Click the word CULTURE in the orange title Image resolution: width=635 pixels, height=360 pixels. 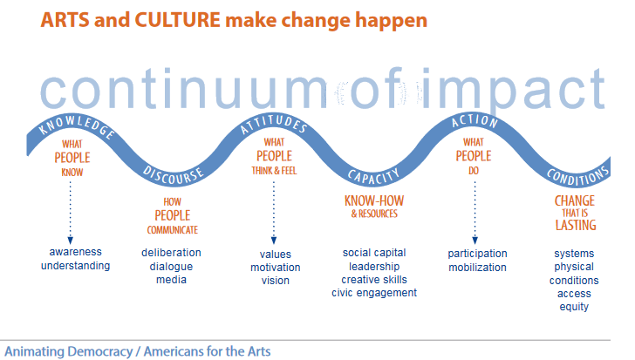177,20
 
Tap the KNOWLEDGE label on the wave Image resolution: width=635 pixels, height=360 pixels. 76,126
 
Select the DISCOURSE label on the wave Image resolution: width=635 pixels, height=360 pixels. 174,176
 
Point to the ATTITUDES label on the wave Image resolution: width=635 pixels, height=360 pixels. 274,124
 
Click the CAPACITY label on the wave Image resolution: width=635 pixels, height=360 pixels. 374,176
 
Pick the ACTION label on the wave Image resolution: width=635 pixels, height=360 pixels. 475,121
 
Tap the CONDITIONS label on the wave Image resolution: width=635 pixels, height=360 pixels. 578,175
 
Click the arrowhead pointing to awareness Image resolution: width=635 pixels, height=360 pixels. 71,240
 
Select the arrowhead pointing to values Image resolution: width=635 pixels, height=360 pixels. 274,241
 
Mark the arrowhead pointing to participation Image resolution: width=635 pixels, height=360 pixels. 475,241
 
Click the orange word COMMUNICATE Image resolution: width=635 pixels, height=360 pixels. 173,230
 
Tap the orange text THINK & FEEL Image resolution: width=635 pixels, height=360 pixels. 274,171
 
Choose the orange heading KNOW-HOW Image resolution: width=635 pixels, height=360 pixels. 374,200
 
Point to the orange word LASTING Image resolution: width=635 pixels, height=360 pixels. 576,225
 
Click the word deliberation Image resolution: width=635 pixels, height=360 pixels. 171,253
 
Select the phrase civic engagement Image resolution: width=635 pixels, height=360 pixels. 374,293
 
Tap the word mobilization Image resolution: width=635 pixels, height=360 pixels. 477,268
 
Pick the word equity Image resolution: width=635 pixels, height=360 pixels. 574,307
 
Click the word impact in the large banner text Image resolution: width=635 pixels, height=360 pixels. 514,89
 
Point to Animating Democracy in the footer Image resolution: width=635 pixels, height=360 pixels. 68,351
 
